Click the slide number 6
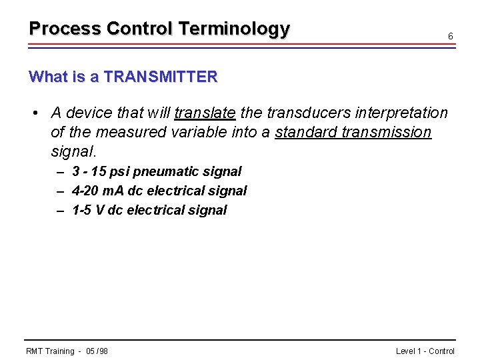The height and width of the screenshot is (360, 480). point(451,36)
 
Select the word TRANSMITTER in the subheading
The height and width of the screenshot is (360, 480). point(161,77)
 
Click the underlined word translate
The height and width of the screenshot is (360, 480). point(205,113)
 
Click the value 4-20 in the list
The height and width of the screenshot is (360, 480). point(85,191)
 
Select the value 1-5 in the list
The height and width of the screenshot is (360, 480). point(82,210)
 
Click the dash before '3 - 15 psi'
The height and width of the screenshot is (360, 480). point(60,171)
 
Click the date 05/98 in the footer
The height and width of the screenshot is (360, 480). point(97,351)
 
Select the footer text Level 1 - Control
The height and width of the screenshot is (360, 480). point(425,351)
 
